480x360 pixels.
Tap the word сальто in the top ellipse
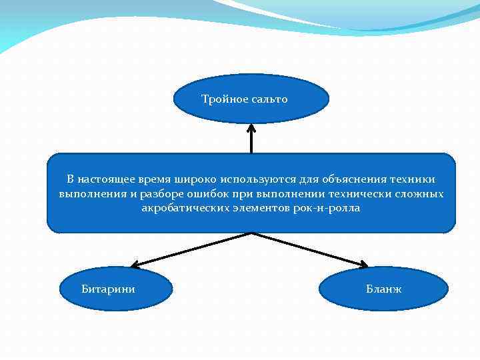269,99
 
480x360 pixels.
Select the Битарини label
108,289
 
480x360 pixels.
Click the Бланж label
383,289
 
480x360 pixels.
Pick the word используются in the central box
254,179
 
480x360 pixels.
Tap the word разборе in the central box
163,194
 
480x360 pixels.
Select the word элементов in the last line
257,209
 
